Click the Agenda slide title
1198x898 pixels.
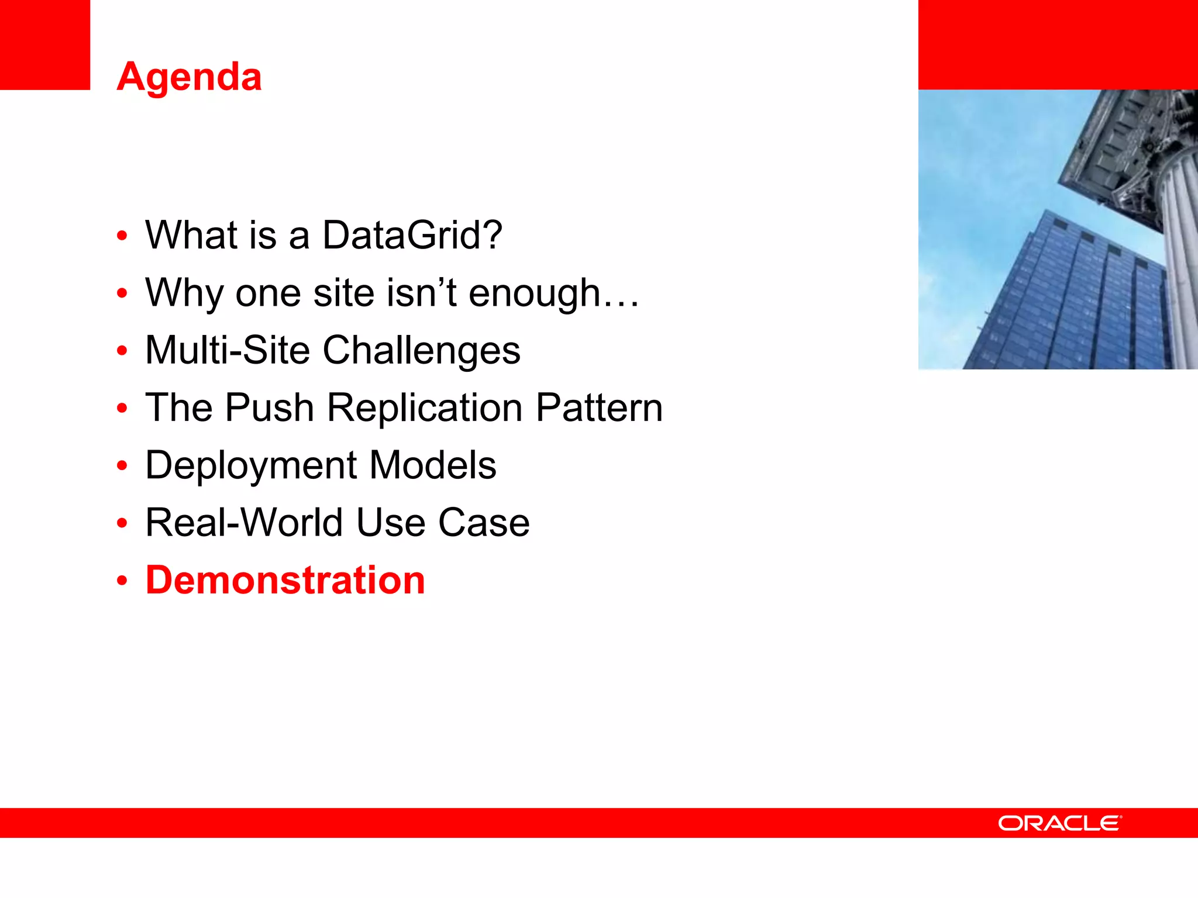[189, 77]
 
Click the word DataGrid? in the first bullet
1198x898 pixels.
[412, 235]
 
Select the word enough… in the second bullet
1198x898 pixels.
[553, 292]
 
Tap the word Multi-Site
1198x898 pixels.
[227, 350]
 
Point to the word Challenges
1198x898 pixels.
[421, 350]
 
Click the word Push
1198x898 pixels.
[270, 407]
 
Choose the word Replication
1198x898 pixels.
[425, 407]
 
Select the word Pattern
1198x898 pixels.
[599, 407]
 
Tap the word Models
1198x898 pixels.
[433, 465]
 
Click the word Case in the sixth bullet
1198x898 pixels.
[484, 522]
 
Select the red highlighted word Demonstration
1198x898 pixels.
[285, 580]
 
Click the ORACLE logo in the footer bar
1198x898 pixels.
[1059, 823]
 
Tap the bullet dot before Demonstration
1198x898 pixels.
[122, 581]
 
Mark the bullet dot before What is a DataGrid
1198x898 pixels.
[122, 236]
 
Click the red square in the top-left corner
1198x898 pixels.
[44, 44]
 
